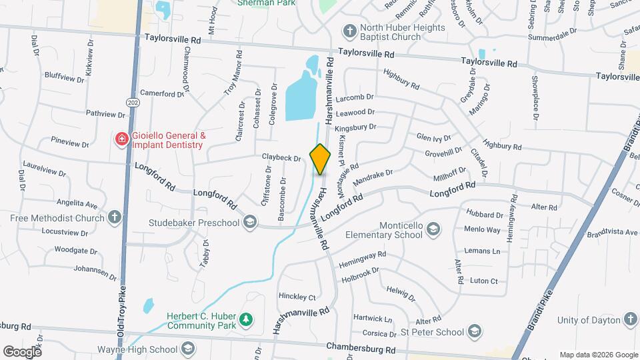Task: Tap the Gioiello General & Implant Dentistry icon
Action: point(121,139)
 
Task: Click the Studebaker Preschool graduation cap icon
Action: point(250,221)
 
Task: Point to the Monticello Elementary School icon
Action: point(434,230)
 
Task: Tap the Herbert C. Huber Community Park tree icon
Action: point(246,320)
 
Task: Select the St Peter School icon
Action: point(474,331)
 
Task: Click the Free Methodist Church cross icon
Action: point(115,217)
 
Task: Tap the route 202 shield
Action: point(133,102)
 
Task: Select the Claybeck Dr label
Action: point(281,159)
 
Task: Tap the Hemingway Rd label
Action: point(363,255)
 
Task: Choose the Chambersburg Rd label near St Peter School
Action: point(361,348)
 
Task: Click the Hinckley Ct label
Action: point(297,296)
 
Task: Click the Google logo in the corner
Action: point(22,351)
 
